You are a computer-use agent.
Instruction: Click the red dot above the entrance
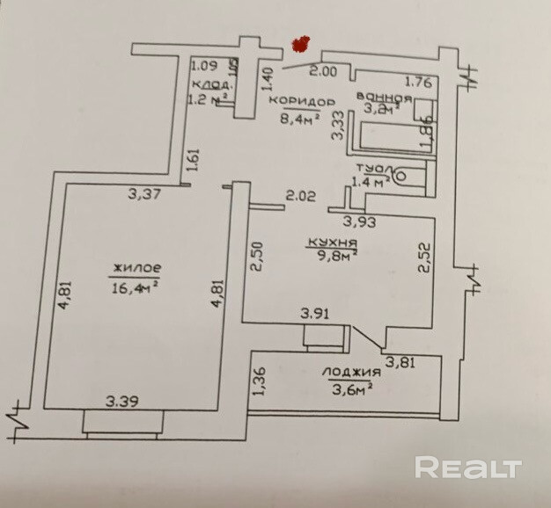pos(303,42)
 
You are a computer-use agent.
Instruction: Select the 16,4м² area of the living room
pos(136,284)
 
